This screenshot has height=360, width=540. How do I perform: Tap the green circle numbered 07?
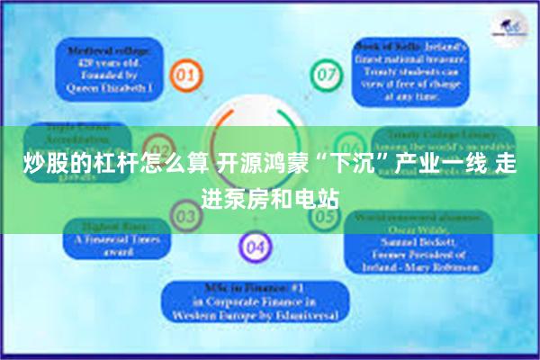pos(324,73)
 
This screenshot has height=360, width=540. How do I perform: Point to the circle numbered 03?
pos(186,217)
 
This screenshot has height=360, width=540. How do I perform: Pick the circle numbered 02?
pos(161,149)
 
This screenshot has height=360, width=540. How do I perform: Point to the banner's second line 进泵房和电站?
pos(270,195)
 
